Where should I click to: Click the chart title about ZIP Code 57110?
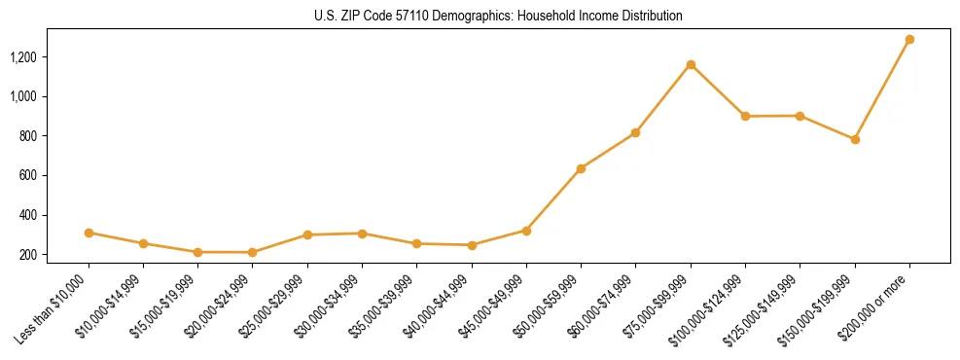499,16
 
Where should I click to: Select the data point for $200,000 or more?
909,40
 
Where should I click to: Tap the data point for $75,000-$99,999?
691,65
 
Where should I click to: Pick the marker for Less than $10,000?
89,233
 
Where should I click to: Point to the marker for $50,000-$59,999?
581,168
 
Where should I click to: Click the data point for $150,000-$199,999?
855,139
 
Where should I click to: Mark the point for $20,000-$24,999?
253,252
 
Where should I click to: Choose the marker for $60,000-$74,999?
635,132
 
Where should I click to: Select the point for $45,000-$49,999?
526,231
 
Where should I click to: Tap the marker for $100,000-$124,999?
745,116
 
